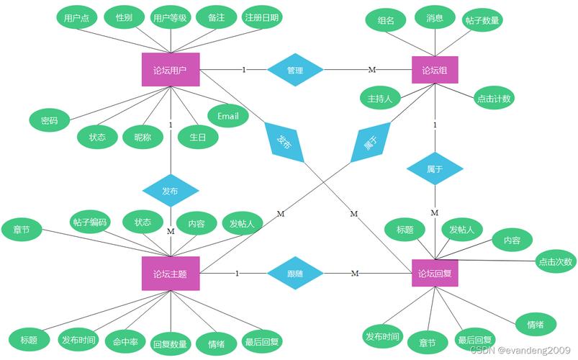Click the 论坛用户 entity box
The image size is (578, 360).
click(171, 70)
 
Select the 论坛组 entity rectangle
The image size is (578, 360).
click(435, 70)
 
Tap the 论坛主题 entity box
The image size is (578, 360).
click(171, 274)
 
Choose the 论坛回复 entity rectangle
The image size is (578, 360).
click(435, 274)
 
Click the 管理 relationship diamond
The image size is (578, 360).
click(295, 70)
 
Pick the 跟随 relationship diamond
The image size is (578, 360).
click(295, 274)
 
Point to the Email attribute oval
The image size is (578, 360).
click(228, 115)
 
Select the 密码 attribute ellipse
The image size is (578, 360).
click(49, 120)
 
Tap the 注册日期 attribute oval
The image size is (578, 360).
click(262, 17)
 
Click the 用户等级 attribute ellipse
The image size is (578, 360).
click(171, 18)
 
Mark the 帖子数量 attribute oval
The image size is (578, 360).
click(482, 20)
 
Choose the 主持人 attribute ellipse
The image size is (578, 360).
click(379, 98)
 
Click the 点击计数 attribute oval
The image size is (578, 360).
click(494, 99)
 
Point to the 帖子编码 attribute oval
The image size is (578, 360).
click(90, 222)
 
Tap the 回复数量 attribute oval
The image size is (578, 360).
click(171, 344)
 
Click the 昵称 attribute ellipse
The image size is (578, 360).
click(138, 137)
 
